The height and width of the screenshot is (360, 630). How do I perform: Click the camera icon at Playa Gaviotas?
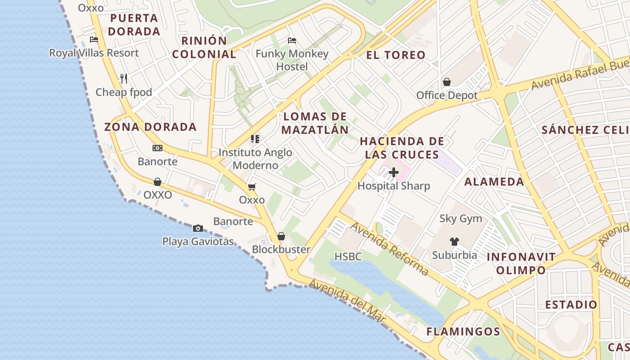pos(198,229)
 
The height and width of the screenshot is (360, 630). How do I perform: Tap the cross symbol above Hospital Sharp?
pos(394,172)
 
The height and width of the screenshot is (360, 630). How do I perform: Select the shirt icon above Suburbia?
pos(454,242)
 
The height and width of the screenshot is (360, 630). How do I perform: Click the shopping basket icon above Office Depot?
pos(447,82)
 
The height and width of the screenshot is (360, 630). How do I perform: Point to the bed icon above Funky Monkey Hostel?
pos(292,40)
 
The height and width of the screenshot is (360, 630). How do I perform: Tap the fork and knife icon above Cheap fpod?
pos(124,79)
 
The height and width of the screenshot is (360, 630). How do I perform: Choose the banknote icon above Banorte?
pos(157,148)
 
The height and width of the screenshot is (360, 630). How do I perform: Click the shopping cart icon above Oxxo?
pos(252,186)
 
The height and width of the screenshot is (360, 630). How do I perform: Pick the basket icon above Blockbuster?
pos(281,236)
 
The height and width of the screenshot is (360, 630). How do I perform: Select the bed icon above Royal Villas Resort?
pos(94,40)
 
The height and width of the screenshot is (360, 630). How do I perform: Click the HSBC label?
pos(348,257)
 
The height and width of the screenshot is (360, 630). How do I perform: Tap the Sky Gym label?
pos(461,219)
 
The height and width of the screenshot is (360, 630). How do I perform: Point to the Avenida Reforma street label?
pos(389,248)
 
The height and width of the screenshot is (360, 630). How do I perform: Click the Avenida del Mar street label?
pos(348,301)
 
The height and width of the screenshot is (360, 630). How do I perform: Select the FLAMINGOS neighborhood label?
pos(463,332)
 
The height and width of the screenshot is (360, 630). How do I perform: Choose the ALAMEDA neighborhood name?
pos(494,182)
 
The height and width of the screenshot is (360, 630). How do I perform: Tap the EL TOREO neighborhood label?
pos(396,55)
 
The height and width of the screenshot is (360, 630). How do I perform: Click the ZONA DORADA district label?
pos(150,127)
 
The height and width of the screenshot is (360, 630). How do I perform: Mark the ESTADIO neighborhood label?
pos(571,305)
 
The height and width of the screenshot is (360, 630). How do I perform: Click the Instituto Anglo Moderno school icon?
pos(255,139)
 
